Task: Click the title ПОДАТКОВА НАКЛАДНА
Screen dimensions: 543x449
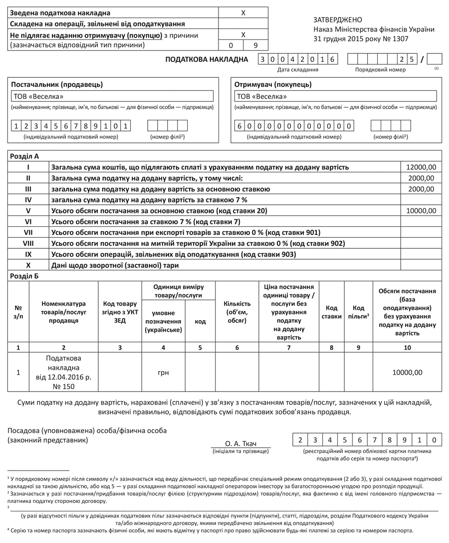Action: click(x=207, y=60)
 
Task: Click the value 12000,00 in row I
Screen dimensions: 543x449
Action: click(x=422, y=167)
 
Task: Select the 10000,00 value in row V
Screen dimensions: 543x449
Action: click(x=422, y=211)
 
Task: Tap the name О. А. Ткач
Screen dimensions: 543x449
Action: click(x=240, y=444)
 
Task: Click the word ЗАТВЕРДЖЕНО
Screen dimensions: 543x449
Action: click(x=337, y=20)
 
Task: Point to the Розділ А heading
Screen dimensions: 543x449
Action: click(x=25, y=156)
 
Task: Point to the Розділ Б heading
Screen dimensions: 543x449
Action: click(x=25, y=276)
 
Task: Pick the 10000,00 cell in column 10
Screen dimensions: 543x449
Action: click(x=408, y=373)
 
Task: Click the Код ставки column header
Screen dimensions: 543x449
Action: click(x=331, y=312)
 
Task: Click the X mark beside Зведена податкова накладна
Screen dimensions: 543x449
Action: click(x=243, y=13)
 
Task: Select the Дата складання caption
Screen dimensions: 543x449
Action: click(x=298, y=70)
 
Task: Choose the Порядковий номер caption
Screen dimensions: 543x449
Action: click(x=380, y=70)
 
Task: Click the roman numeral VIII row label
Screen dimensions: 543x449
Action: click(x=28, y=243)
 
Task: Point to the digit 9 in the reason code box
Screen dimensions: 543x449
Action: click(x=255, y=45)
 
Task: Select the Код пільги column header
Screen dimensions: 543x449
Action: click(x=358, y=312)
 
